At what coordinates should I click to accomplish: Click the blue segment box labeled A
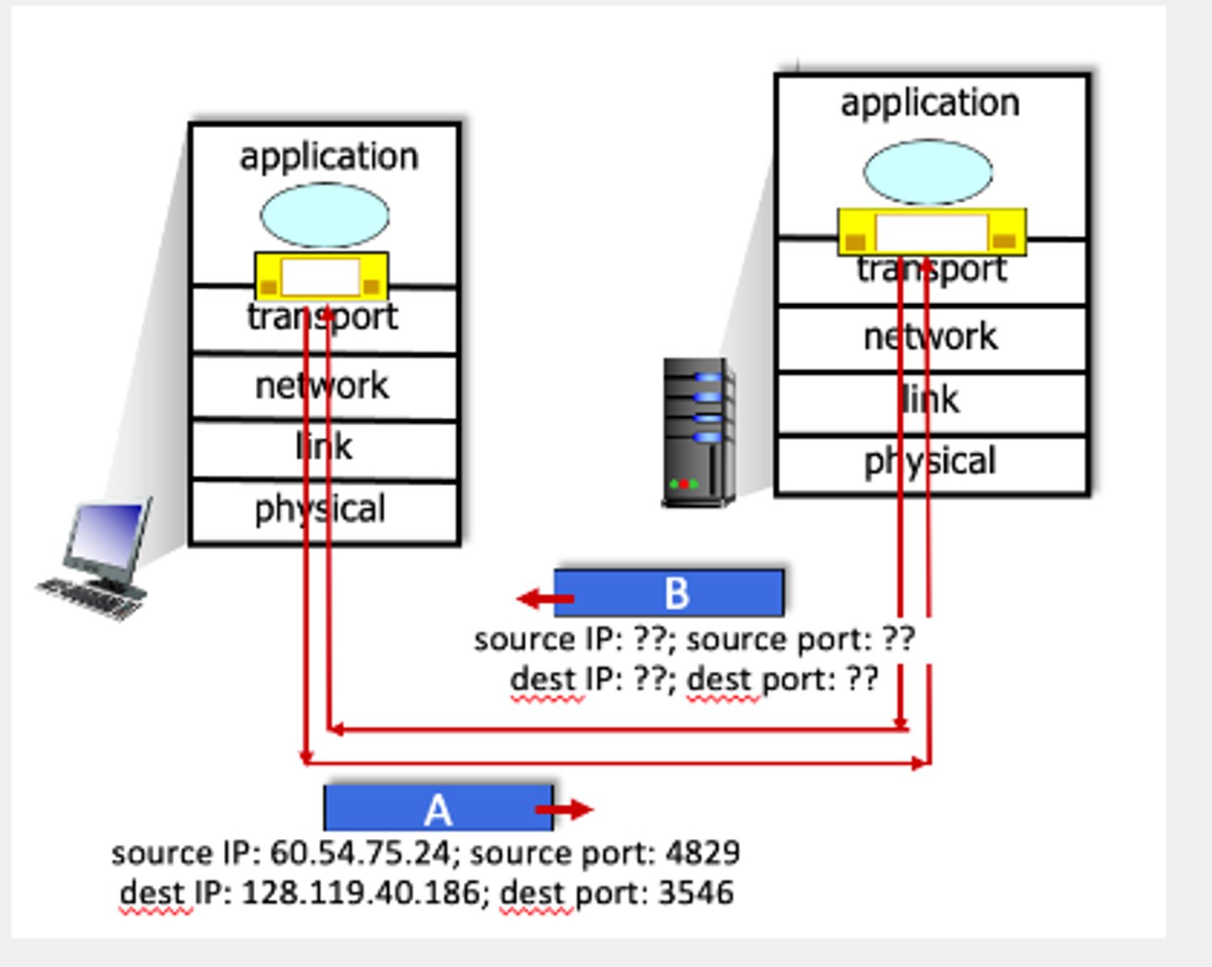pos(438,809)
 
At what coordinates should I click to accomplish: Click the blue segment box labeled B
pos(669,593)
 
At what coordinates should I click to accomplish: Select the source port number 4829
pos(703,853)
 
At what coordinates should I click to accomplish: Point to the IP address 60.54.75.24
pos(360,853)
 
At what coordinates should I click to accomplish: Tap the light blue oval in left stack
pos(325,216)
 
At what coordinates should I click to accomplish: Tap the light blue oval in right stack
pos(928,173)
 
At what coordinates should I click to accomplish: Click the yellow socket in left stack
pos(322,276)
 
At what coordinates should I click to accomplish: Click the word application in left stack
pos(328,157)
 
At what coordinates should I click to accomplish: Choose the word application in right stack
pos(930,104)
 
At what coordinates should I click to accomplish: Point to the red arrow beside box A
pos(565,810)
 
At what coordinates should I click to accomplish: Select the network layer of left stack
pos(324,387)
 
